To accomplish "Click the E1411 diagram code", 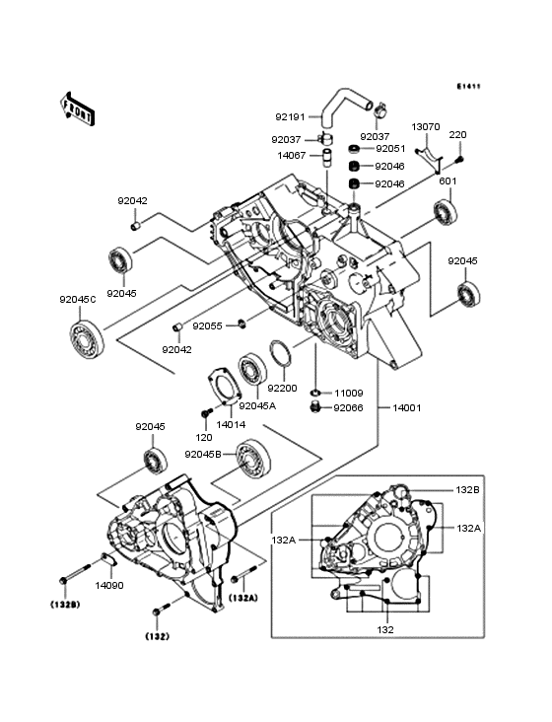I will [x=468, y=87].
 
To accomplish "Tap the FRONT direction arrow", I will [x=79, y=109].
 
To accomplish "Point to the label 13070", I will [x=426, y=127].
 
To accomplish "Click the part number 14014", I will [x=231, y=424].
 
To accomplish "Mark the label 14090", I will [x=108, y=585].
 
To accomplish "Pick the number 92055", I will [x=207, y=325].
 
